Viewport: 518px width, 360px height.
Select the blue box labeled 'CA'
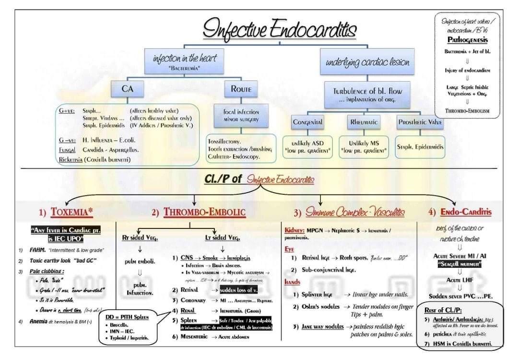pos(127,89)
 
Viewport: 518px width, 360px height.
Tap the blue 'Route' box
pos(241,89)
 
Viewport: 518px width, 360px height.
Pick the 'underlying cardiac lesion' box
pos(368,62)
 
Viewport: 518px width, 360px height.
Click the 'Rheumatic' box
pos(364,122)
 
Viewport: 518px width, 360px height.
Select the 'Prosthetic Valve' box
pos(421,122)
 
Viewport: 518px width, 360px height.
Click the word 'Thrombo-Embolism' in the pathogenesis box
pos(467,110)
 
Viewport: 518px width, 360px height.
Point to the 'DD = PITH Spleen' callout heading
pos(127,317)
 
